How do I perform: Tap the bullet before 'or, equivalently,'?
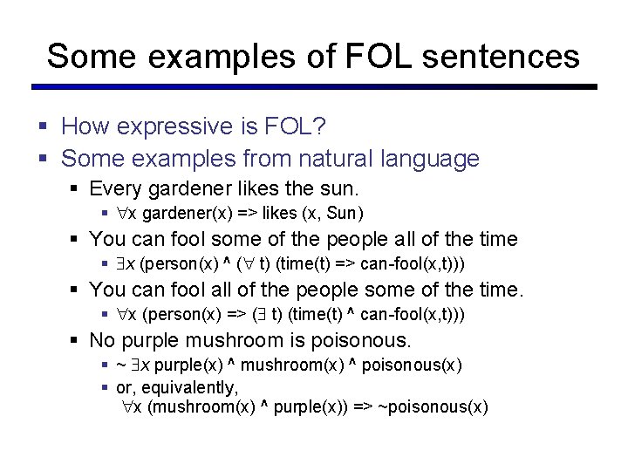pyautogui.click(x=105, y=387)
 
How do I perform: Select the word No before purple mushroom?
pyautogui.click(x=102, y=340)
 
